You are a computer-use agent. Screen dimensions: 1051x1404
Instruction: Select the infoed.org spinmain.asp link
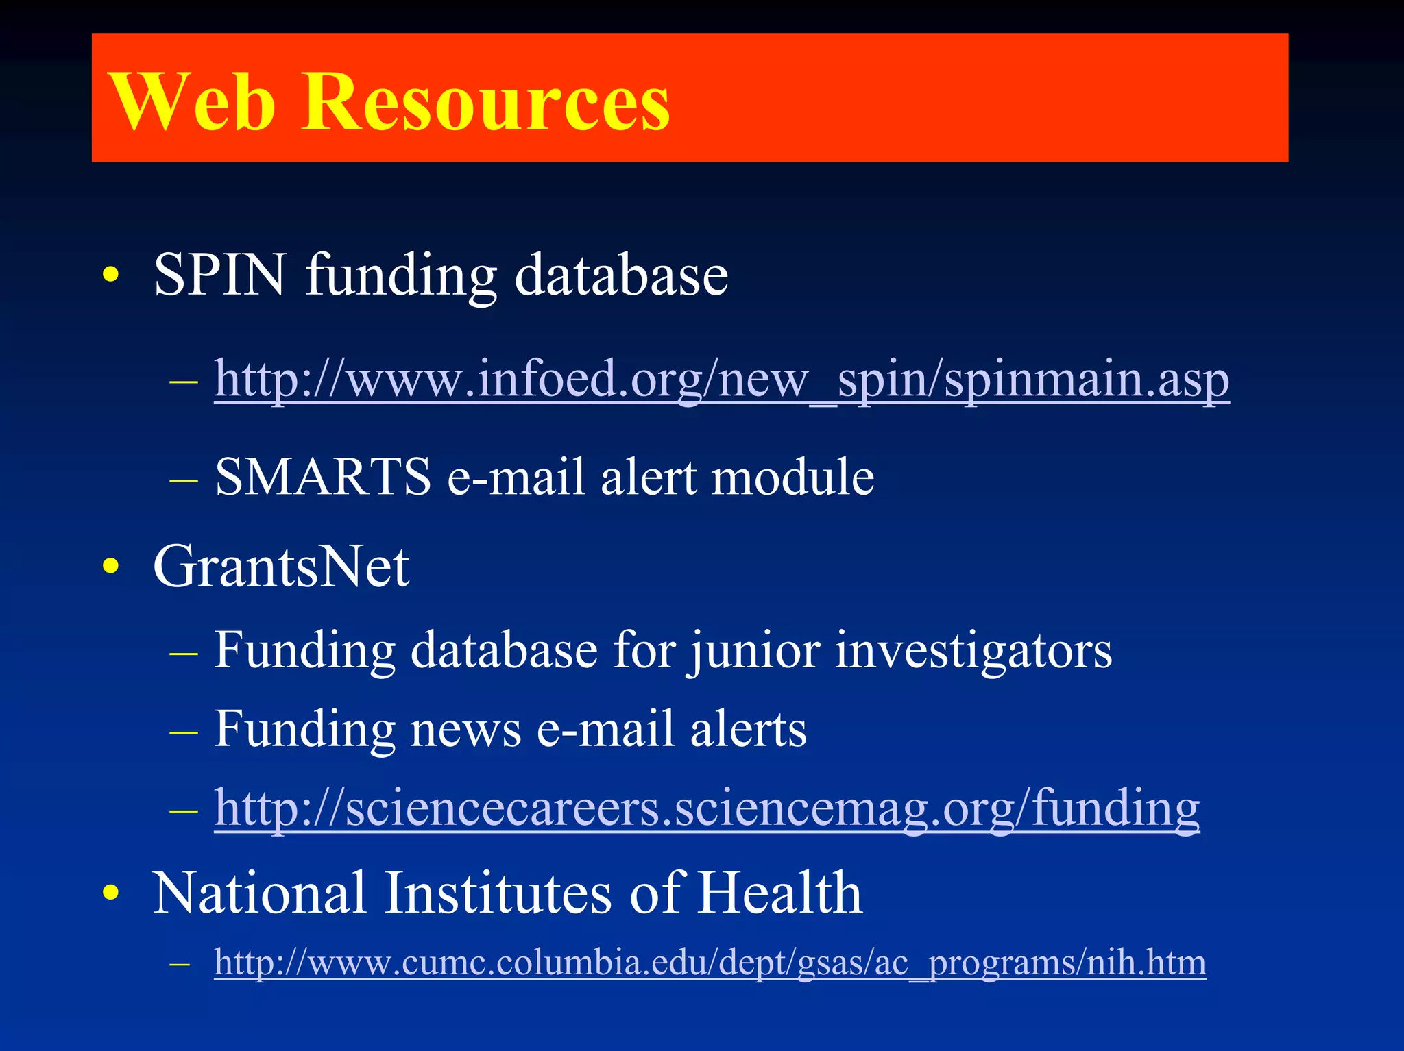click(x=721, y=379)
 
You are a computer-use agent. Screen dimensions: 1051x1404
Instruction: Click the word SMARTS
click(x=323, y=477)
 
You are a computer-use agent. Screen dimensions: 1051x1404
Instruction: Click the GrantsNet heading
click(x=281, y=567)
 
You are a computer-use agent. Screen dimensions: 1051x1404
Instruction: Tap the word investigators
click(x=973, y=650)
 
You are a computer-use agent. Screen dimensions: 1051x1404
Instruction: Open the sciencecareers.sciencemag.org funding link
click(x=707, y=808)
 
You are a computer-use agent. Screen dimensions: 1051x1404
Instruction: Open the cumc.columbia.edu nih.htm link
click(x=710, y=963)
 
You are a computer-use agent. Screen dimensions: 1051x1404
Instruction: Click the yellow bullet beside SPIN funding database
click(x=110, y=275)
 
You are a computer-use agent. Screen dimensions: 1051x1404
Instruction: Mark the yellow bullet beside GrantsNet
click(x=110, y=567)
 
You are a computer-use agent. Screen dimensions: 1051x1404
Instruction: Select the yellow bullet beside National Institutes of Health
click(x=110, y=893)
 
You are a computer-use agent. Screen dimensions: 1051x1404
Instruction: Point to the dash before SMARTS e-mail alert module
click(x=183, y=480)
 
